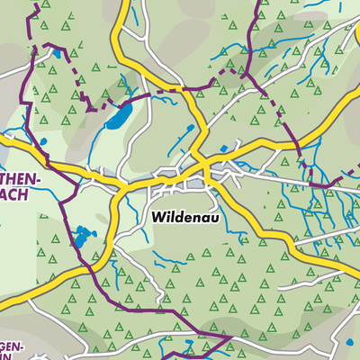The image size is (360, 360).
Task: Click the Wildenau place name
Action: pos(185,217)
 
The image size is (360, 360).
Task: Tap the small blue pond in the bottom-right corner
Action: pos(349,342)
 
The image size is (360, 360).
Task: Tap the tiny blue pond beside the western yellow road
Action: pos(40,144)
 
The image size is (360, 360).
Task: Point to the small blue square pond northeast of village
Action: pos(224,148)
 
